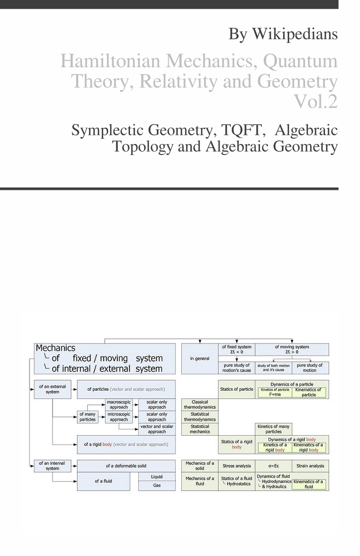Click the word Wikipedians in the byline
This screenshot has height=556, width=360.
tap(295, 34)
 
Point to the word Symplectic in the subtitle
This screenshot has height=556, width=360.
tap(108, 130)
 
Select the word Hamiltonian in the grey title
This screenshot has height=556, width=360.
tap(110, 60)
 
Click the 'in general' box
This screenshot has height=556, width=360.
tap(200, 359)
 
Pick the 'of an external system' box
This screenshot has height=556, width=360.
tap(52, 389)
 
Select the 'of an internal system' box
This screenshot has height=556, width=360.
tap(52, 466)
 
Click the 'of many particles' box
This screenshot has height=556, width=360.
tap(87, 417)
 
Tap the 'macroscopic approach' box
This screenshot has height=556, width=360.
tap(119, 405)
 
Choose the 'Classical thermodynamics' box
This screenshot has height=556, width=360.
tap(200, 405)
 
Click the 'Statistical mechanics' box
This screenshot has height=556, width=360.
tap(200, 429)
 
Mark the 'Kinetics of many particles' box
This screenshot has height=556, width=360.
tap(274, 429)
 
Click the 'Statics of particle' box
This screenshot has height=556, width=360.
tap(237, 389)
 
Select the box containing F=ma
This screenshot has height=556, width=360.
tap(275, 392)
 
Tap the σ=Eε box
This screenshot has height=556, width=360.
tap(274, 466)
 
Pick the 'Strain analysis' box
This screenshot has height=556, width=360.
tap(310, 466)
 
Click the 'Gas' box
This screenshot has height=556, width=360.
tap(157, 486)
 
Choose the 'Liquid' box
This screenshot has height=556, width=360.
tap(157, 477)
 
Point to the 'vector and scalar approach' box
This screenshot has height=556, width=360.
tap(157, 429)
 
